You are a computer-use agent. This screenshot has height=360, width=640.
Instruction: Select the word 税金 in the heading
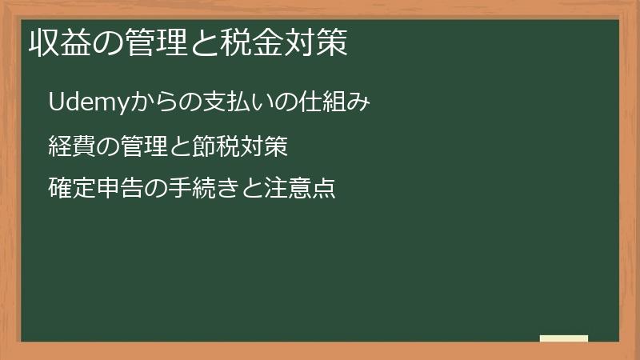[251, 43]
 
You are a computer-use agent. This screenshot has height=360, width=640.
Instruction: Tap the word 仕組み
[335, 102]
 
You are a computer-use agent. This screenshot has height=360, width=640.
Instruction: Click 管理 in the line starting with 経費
[143, 146]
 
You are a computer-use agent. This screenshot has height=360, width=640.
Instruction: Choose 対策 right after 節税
[263, 146]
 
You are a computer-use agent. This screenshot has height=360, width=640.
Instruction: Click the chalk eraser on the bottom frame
[564, 338]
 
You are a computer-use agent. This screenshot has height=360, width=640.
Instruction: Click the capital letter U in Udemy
[55, 102]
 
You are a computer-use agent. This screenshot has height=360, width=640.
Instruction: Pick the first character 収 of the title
[43, 43]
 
